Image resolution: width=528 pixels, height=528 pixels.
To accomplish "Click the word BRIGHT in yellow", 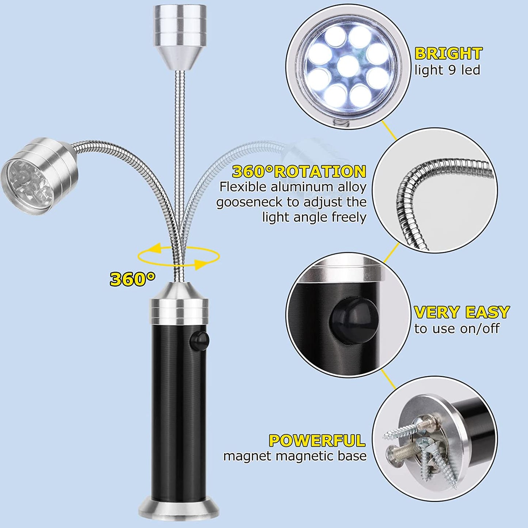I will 448,54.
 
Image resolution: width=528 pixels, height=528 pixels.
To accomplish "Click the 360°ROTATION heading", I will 299,171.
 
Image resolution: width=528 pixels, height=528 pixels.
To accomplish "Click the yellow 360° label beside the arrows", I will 132,280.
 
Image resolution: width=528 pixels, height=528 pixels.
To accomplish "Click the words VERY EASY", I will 461,312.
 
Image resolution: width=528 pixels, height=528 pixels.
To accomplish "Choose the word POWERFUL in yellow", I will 317,441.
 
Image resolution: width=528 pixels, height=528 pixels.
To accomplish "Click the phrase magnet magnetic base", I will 295,456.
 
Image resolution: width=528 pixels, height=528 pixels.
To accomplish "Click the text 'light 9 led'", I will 447,70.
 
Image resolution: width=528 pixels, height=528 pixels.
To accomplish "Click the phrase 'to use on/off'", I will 456,328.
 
